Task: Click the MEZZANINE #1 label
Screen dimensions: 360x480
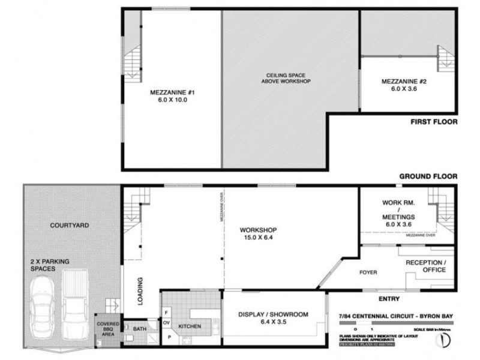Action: point(173,97)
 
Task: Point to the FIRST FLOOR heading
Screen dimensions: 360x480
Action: point(434,122)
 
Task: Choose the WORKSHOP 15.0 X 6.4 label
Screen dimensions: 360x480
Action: point(257,234)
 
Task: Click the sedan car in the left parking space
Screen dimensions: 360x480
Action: point(41,313)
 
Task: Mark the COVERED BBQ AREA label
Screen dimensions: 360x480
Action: point(109,329)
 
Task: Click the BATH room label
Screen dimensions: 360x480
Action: point(140,329)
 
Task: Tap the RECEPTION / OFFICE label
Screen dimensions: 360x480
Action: point(426,266)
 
